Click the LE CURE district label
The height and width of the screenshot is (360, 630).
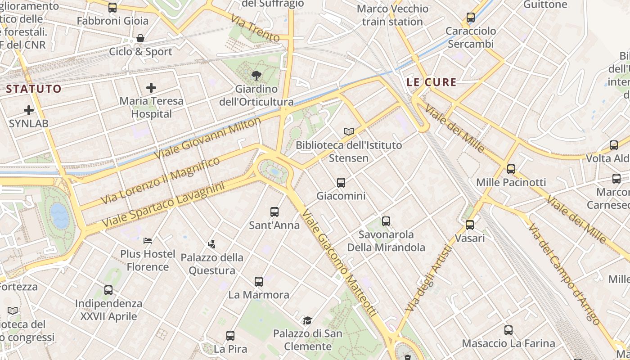pos(431,82)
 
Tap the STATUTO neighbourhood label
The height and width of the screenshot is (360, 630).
pos(34,89)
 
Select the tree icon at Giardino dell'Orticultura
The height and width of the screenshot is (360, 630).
pos(256,75)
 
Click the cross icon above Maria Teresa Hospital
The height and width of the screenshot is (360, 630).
pos(151,87)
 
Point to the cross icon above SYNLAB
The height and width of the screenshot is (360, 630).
pos(29,110)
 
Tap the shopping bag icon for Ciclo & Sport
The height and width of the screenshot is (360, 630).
pos(140,38)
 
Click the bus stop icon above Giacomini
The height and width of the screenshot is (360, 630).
pos(341,182)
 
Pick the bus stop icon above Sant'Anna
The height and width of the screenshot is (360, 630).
pos(274,211)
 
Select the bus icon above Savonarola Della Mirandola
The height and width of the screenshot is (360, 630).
pos(386,221)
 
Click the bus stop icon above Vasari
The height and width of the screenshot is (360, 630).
pos(470,225)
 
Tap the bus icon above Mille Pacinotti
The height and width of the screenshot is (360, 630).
pos(511,169)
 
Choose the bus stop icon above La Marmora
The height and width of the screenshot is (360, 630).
pos(258,281)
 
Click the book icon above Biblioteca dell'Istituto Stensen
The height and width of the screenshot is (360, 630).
pos(348,131)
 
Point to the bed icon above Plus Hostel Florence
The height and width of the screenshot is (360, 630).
pos(147,240)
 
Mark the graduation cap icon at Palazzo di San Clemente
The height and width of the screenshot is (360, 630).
pos(307,320)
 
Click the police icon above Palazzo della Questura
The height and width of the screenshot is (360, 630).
pos(211,244)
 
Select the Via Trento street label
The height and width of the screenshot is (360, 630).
pos(255,28)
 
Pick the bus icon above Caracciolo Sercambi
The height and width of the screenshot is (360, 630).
pos(470,18)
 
